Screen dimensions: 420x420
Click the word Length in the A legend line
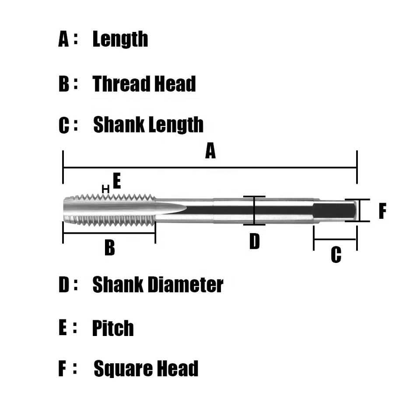pos(120,39)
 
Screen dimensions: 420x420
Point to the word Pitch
pos(113,329)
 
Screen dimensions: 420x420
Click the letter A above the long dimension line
pos(210,152)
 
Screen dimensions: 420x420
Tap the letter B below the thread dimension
pos(109,248)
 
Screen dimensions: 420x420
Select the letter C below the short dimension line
pos(336,255)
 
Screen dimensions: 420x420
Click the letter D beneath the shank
pos(254,241)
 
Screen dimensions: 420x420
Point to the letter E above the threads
pos(116,181)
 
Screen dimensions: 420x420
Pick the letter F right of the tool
pos(382,211)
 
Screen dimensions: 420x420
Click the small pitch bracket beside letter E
pos(105,189)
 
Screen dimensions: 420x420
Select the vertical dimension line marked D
pos(254,210)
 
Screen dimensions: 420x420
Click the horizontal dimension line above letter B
pos(109,233)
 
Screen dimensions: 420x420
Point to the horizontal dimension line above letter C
pos(336,239)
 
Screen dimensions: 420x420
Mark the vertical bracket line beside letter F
pos(360,210)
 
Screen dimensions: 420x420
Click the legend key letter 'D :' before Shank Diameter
pos(64,285)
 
